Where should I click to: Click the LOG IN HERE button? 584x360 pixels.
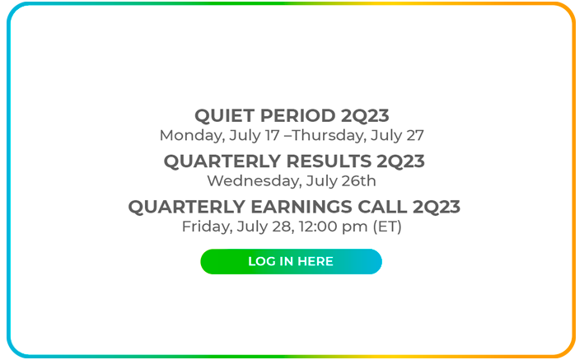(291, 262)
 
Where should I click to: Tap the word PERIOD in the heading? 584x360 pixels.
(297, 115)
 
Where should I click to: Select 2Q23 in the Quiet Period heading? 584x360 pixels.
(365, 116)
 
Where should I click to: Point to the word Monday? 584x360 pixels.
(192, 136)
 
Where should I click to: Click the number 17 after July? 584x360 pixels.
(273, 135)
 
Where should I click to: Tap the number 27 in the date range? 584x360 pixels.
(415, 135)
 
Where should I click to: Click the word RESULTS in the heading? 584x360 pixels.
(329, 161)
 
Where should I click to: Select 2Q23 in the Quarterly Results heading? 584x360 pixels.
(400, 161)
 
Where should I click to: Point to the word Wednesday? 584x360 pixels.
(255, 181)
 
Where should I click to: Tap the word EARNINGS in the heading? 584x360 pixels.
(301, 207)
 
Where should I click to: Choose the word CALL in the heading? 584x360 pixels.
(382, 207)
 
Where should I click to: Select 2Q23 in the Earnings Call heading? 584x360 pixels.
(437, 208)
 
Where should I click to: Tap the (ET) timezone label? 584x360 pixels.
(387, 227)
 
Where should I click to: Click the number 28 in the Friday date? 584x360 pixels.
(283, 227)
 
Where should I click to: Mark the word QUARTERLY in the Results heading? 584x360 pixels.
(222, 161)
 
